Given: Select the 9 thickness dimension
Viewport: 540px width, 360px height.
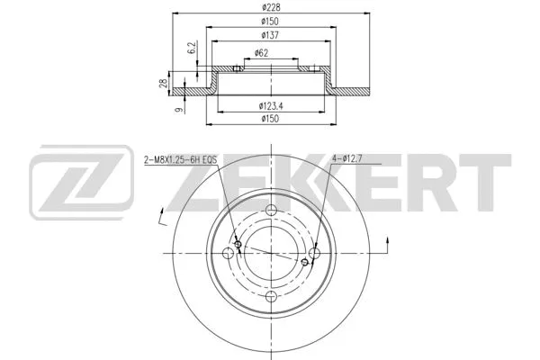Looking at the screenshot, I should [x=179, y=110].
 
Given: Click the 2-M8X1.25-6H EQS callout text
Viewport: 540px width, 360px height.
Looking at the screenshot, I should [x=180, y=159].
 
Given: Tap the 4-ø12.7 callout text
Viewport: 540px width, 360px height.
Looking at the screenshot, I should [x=349, y=159].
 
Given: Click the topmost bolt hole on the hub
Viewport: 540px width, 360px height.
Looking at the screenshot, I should [x=271, y=211].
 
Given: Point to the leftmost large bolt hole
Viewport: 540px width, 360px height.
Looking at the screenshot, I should [x=229, y=254].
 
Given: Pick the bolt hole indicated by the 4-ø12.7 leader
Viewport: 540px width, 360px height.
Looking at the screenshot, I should [x=314, y=254].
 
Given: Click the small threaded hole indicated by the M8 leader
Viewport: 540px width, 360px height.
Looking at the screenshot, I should [x=238, y=245].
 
